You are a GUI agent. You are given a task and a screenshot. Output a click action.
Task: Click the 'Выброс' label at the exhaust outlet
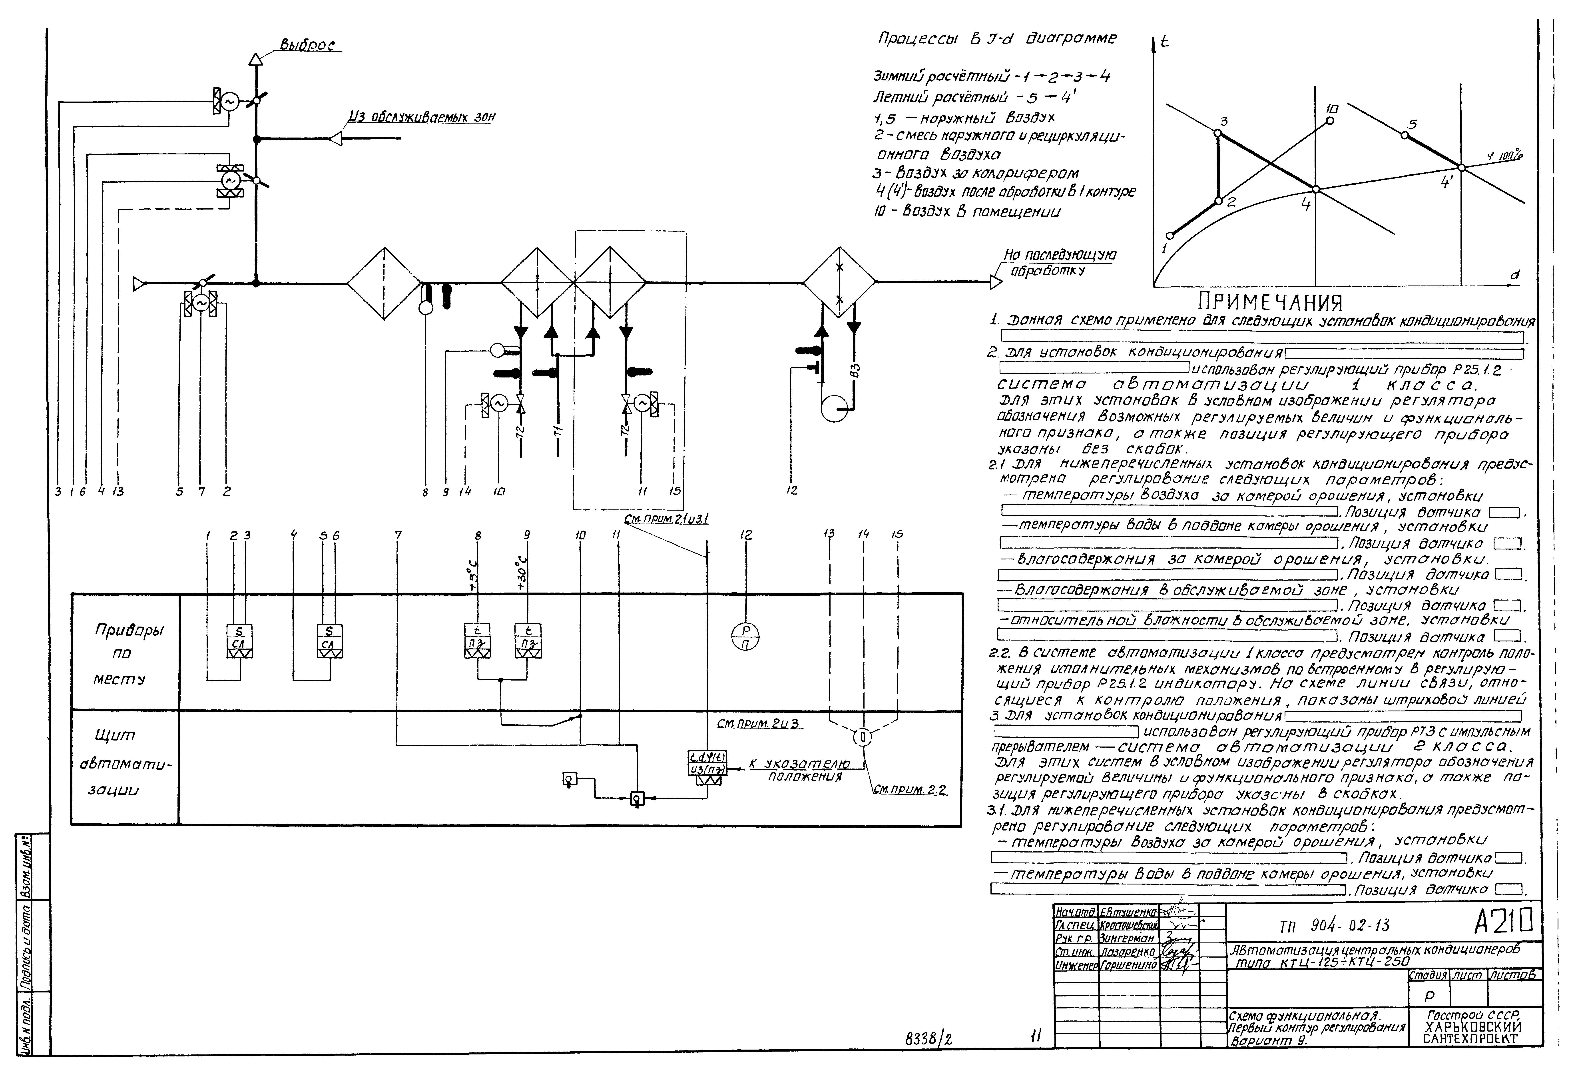coord(308,45)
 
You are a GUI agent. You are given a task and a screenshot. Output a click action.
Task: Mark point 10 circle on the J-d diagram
coord(1329,121)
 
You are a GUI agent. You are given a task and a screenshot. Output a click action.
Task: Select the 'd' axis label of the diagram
coord(1515,274)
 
